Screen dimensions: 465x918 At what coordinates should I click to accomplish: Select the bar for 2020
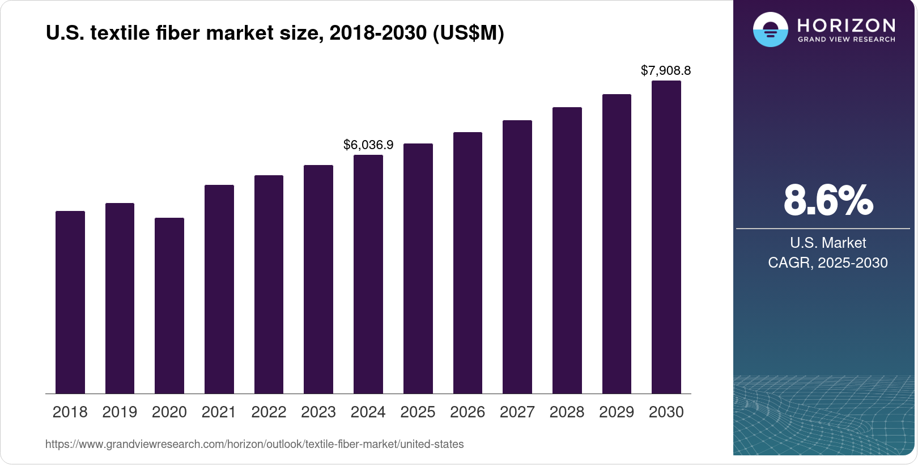coord(169,306)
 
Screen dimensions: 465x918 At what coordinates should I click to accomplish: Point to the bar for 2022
coord(269,284)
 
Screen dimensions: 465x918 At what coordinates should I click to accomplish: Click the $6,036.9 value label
coord(368,145)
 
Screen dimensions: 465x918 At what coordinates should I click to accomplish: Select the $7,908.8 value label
coord(666,70)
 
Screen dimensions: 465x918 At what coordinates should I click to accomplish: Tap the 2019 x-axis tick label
coord(120,412)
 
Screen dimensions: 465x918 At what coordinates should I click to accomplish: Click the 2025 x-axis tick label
coord(418,412)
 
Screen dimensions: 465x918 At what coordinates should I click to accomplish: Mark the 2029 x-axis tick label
coord(617,412)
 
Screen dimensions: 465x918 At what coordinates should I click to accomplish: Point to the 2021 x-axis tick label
coord(219,412)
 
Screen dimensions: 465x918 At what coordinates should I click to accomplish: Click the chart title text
coord(275,33)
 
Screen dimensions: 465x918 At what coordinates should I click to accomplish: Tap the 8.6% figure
coord(828,201)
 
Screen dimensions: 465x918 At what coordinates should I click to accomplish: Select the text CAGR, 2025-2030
coord(828,263)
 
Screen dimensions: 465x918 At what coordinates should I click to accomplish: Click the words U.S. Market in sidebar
coord(828,243)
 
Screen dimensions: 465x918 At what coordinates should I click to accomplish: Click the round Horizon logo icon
coord(770,29)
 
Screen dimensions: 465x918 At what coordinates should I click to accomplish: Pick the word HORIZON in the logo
coord(847,25)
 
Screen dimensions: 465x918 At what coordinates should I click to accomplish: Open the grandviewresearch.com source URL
coord(254,445)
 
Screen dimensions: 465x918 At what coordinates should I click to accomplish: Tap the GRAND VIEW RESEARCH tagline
coord(847,40)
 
